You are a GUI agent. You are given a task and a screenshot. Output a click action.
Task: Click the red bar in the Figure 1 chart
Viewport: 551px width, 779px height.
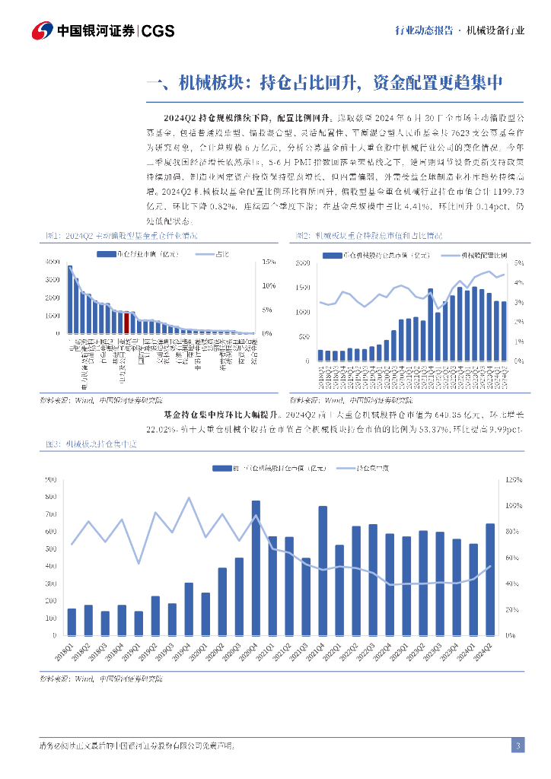click(127, 323)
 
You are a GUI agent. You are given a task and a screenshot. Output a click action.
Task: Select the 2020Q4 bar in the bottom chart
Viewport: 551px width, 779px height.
click(256, 567)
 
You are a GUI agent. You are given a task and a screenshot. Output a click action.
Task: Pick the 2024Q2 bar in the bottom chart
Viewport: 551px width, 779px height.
click(489, 578)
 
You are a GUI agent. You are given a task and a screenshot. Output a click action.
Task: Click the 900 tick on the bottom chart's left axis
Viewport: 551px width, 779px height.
click(52, 480)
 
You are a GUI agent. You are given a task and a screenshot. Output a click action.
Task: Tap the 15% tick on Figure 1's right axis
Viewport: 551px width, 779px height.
click(268, 262)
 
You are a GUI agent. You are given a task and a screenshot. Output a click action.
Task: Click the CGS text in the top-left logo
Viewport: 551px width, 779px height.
click(158, 31)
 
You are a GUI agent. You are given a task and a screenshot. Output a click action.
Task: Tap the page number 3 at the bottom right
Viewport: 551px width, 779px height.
click(518, 746)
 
